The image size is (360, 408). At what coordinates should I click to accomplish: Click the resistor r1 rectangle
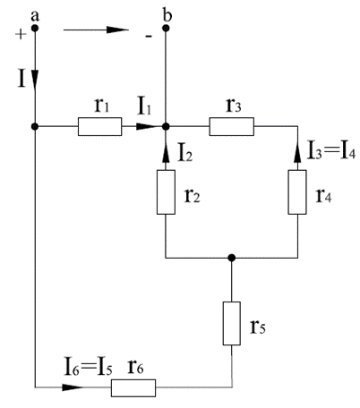click(100, 127)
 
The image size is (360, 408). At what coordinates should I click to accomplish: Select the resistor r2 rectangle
click(166, 192)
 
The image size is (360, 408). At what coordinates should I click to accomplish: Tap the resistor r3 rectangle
click(232, 127)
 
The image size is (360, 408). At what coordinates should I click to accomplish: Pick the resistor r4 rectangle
click(297, 192)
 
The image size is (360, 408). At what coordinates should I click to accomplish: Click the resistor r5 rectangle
click(232, 324)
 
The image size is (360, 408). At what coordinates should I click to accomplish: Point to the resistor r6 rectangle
click(133, 388)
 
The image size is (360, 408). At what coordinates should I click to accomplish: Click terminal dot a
click(35, 29)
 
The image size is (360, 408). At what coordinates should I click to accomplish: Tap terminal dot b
click(166, 29)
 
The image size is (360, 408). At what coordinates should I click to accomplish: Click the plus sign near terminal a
click(21, 34)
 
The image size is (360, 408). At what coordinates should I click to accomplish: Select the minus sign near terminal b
click(149, 37)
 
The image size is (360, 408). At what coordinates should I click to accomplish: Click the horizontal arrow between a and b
click(96, 30)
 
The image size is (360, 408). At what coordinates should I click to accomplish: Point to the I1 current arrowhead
click(147, 127)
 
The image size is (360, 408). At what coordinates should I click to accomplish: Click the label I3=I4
click(331, 150)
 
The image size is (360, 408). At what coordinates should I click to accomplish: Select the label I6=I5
click(89, 367)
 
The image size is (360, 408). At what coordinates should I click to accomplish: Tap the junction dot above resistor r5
click(232, 258)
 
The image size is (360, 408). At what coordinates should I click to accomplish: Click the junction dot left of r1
click(35, 127)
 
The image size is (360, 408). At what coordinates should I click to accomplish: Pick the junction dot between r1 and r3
click(166, 127)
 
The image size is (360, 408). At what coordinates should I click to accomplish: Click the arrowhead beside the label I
click(35, 80)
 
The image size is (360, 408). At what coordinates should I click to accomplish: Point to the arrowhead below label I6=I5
click(73, 387)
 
